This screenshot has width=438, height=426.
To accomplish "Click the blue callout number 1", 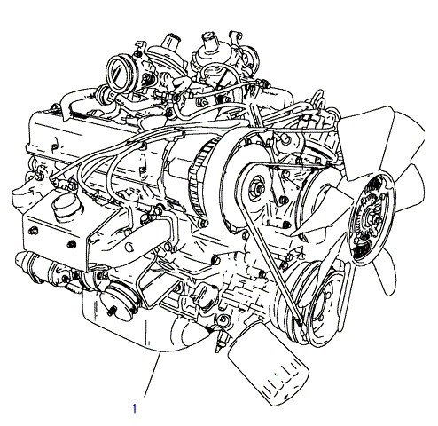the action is click(x=135, y=408).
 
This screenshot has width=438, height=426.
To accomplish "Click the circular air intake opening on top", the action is click(x=118, y=74).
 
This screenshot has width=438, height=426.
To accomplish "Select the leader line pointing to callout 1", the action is click(x=153, y=375).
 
